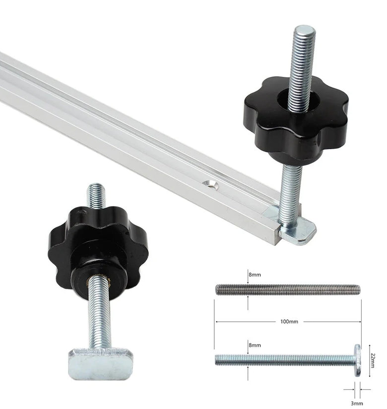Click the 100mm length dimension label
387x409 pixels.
tap(289, 321)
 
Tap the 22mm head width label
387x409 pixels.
tap(373, 360)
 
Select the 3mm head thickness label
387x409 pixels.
tap(357, 403)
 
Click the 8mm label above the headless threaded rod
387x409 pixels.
tap(255, 275)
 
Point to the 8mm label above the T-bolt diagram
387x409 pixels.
tap(255, 345)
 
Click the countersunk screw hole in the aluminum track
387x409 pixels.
tap(211, 184)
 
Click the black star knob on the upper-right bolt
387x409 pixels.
tap(296, 118)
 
